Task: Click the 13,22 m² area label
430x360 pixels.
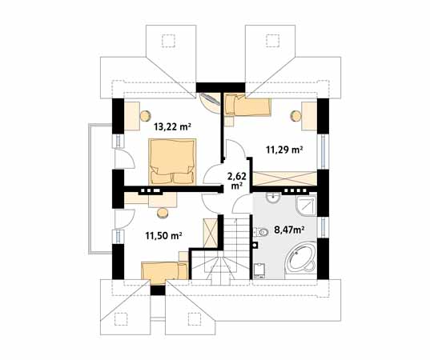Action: click(172, 127)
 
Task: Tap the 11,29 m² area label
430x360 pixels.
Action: click(284, 150)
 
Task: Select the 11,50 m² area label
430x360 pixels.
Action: click(163, 235)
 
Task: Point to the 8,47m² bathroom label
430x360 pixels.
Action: click(290, 230)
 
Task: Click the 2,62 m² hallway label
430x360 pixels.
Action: click(237, 181)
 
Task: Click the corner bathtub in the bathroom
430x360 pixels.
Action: click(300, 259)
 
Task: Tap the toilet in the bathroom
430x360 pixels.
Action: click(261, 232)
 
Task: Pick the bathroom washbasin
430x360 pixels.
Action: click(273, 198)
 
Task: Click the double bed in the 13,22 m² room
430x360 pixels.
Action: click(172, 162)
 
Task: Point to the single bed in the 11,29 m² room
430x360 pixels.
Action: click(247, 105)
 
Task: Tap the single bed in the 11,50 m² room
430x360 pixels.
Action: click(164, 271)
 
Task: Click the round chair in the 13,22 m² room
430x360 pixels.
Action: click(146, 115)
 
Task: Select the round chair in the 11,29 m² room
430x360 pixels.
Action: click(296, 116)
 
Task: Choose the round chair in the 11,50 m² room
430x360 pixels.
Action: click(163, 213)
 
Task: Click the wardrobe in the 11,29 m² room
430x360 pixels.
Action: click(284, 178)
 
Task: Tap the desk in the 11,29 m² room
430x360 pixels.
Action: click(309, 116)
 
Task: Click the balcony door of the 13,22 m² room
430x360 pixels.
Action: click(124, 159)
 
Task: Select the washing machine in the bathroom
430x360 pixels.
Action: click(259, 271)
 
